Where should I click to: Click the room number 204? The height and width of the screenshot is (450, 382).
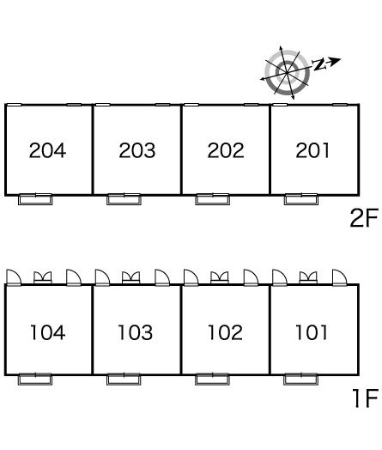(47, 150)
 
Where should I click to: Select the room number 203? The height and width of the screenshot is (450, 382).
(137, 150)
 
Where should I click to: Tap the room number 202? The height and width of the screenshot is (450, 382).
(226, 150)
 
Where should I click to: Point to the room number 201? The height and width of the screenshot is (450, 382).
(312, 150)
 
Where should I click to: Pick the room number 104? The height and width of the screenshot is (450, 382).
(47, 332)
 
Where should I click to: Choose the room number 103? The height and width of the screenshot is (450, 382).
(136, 332)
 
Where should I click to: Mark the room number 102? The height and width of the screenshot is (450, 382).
(225, 332)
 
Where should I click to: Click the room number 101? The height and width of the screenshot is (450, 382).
(312, 332)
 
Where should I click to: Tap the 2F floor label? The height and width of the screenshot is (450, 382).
(364, 218)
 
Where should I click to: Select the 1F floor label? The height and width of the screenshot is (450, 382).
(366, 398)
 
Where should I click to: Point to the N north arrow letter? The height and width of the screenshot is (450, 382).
(319, 64)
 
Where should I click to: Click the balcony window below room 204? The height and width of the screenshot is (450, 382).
(35, 199)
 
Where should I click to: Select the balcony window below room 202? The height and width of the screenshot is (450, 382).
(213, 199)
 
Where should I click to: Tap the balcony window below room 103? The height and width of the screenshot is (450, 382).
(124, 379)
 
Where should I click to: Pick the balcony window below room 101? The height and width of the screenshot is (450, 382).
(300, 379)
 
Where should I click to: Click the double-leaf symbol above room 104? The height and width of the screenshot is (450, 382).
(43, 277)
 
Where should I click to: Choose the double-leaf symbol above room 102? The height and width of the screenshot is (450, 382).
(220, 277)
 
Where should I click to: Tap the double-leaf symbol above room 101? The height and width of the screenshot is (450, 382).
(308, 277)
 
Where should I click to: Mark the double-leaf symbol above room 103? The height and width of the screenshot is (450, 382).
(131, 277)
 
